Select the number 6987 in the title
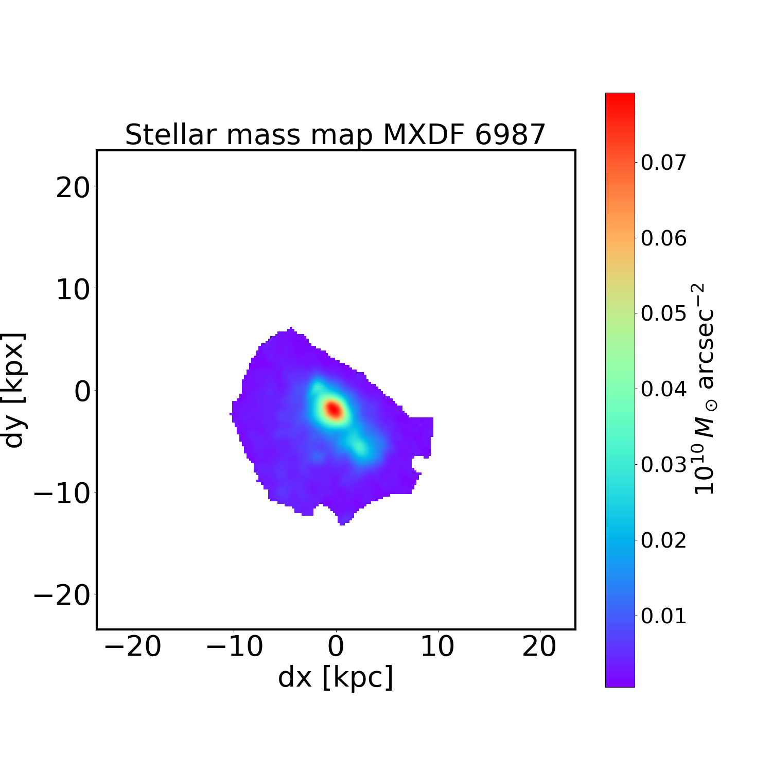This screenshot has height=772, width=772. click(510, 135)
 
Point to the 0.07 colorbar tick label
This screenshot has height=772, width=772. click(663, 163)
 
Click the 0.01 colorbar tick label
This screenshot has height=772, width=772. click(663, 616)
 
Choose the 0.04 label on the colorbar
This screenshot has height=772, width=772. click(663, 389)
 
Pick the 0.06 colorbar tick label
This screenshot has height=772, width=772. click(663, 238)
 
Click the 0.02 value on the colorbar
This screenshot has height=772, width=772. click(663, 540)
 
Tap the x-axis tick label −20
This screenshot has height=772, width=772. click(133, 646)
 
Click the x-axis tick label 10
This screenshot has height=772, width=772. click(437, 646)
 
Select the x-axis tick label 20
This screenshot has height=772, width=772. click(539, 646)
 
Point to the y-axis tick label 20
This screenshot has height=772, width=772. click(73, 188)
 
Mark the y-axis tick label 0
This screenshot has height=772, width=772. click(82, 392)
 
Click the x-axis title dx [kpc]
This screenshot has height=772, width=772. click(336, 677)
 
